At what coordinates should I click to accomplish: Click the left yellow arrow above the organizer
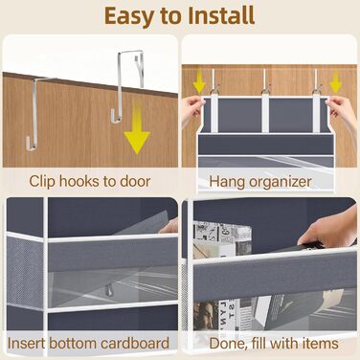coord(199,82)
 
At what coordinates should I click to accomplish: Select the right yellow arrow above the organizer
coord(336,82)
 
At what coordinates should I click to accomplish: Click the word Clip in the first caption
coord(42,182)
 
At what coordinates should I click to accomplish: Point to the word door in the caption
coord(135,181)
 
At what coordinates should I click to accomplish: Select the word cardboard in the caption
coord(135,344)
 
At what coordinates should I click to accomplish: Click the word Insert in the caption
coord(27,344)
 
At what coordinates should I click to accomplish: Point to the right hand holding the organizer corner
coord(343,112)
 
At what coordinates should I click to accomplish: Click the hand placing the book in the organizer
coord(330,230)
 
